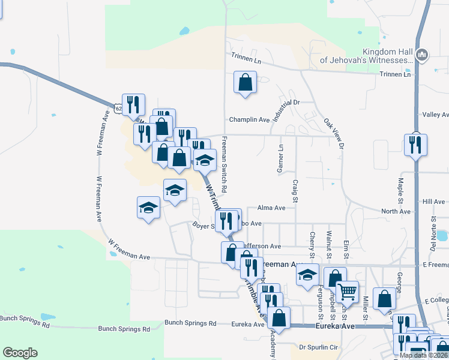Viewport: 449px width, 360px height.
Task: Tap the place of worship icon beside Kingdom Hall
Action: (x=421, y=56)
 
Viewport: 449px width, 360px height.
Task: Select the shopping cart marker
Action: (x=347, y=292)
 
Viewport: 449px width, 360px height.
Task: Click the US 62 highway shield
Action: (x=119, y=108)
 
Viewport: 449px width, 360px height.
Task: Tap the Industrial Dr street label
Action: (x=286, y=110)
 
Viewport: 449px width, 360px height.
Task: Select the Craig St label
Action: (x=295, y=190)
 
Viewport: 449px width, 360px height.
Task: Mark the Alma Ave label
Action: (x=271, y=208)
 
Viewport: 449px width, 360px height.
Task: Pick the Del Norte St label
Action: (x=432, y=238)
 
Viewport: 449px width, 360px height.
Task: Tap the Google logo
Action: (x=20, y=353)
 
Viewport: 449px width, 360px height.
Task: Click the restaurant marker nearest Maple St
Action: (x=415, y=145)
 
